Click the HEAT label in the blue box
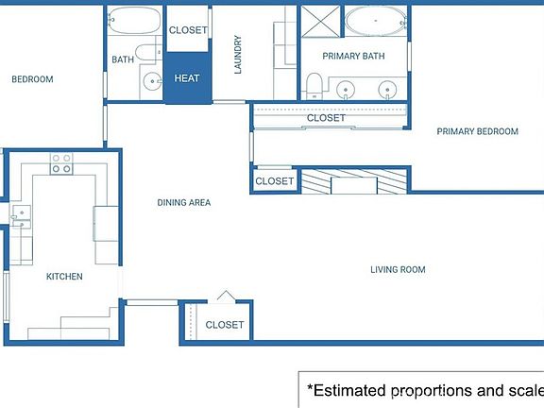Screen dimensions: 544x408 click(187, 78)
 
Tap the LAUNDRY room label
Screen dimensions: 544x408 click(238, 55)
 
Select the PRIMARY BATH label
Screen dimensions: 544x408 click(353, 57)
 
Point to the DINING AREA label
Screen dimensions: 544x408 click(184, 203)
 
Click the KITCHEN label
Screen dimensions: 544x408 click(64, 277)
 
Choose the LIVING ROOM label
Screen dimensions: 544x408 click(398, 269)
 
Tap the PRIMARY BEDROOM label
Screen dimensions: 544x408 click(477, 131)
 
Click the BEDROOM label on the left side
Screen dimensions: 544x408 click(33, 79)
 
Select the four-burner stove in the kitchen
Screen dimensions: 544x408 click(61, 163)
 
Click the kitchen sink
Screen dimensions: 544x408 click(22, 216)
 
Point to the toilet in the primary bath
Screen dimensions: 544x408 click(314, 86)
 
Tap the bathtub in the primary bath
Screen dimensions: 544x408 click(376, 21)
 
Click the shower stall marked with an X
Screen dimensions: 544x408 click(320, 21)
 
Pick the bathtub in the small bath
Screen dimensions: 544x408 click(135, 20)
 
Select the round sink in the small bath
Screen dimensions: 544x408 click(152, 81)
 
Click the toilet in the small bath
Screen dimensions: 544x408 click(147, 53)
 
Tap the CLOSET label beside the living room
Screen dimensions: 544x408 click(225, 325)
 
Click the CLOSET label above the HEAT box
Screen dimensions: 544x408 click(188, 30)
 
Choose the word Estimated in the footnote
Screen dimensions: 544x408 click(350, 391)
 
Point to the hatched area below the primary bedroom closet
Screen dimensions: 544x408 click(353, 181)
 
